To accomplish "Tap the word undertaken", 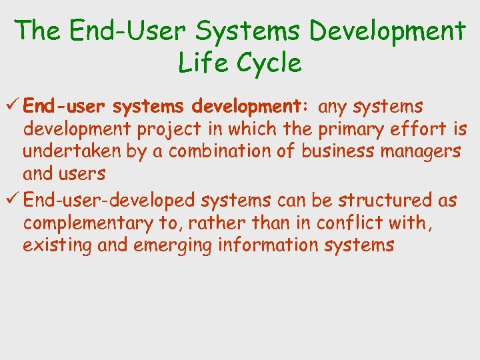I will [73, 151].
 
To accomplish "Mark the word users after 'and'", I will [83, 175].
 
